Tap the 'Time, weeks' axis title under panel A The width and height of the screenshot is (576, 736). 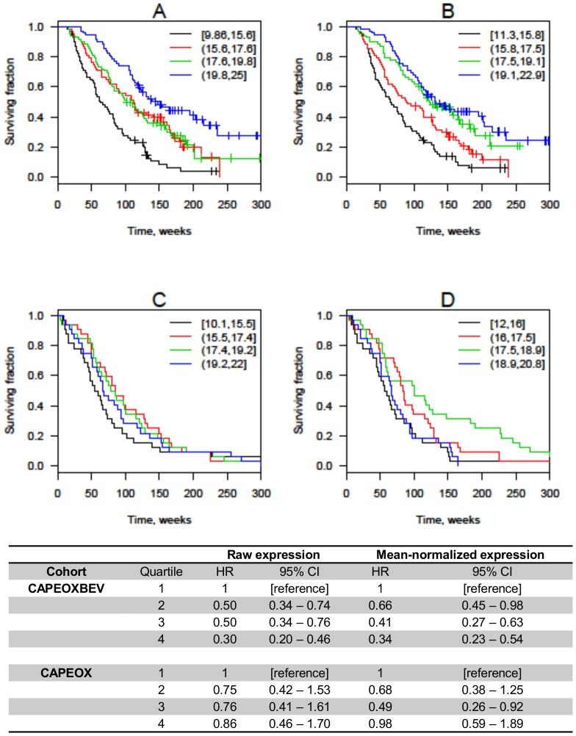pos(158,231)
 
